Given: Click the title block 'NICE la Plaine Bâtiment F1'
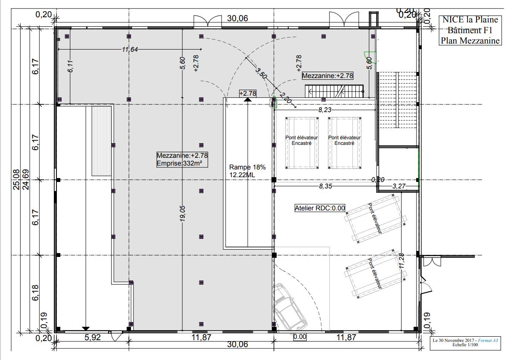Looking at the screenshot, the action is point(470,25).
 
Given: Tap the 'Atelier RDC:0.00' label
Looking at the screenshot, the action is point(320,208).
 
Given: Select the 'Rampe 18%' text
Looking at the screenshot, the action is point(247,167).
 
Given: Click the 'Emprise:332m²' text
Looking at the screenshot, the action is point(179,163).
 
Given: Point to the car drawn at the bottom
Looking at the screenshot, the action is point(290,307).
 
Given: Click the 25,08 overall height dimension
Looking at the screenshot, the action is point(16,179).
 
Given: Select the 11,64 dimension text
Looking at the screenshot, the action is point(130,50).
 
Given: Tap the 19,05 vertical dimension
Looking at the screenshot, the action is point(183,213).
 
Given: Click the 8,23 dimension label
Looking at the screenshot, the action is point(325,110).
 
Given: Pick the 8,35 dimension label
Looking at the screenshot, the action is point(326,186).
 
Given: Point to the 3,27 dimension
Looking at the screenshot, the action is point(399,186).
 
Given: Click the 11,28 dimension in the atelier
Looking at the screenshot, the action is point(402,261).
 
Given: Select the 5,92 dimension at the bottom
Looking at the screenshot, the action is point(93,337).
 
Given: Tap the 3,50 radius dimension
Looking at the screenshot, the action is point(261,74).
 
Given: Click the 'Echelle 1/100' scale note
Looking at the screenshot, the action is point(465,344).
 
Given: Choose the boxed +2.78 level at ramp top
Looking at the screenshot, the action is point(248,93).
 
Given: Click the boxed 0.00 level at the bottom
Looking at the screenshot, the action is point(299,337).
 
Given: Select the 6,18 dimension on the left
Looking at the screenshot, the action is point(35,292).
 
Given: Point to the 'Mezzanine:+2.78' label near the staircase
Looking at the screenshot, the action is point(327,76).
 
